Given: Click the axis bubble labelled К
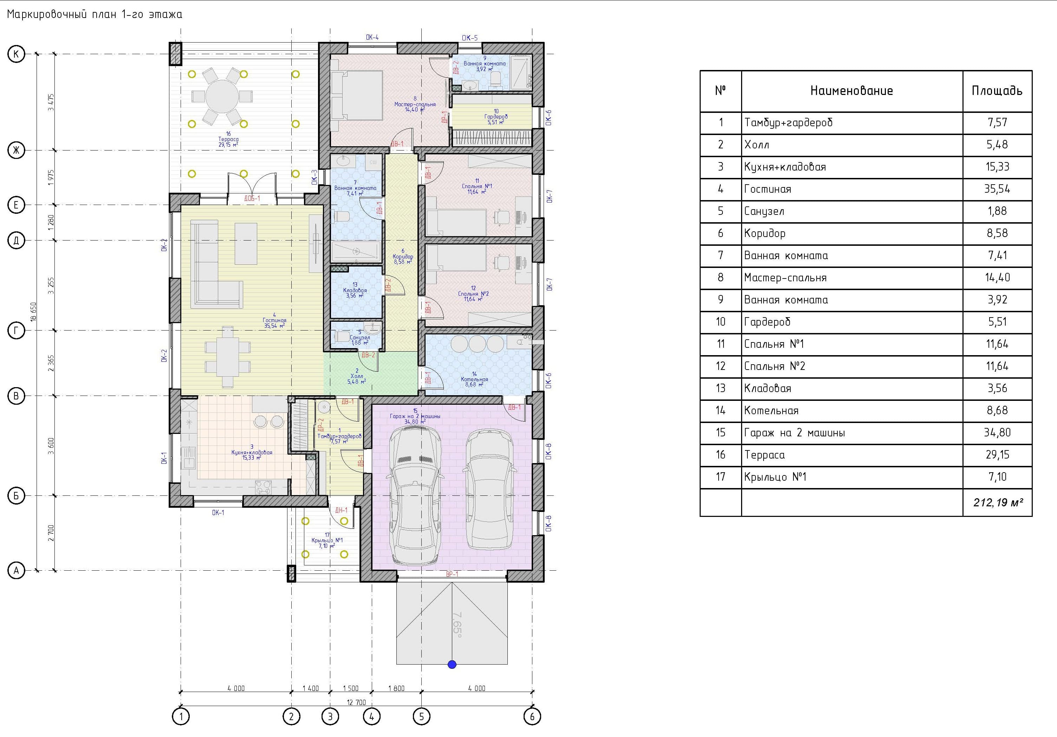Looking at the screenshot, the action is [x=17, y=54].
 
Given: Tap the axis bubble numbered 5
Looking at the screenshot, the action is [x=421, y=716].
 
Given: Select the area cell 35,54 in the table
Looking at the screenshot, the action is [x=997, y=189].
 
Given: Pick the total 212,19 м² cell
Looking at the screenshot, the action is [x=997, y=502].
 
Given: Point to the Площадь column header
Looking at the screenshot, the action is [x=997, y=91].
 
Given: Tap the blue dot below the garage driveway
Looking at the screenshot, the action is [x=452, y=664].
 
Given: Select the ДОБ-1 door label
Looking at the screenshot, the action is [x=252, y=199].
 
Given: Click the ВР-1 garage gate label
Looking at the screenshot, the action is [x=452, y=574].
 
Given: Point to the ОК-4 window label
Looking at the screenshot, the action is [x=372, y=37].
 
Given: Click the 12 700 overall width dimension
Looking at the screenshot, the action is [x=356, y=703].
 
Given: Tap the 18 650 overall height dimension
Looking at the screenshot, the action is [x=33, y=312].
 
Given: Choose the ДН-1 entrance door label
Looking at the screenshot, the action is [x=341, y=510].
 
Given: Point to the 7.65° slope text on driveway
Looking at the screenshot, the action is [x=457, y=624].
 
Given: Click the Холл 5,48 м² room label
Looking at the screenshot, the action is [x=357, y=376].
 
